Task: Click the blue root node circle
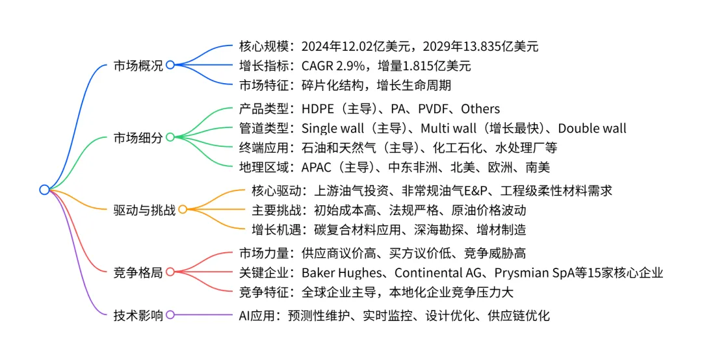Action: tap(44, 190)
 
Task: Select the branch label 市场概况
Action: tap(138, 65)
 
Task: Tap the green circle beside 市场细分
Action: tap(170, 137)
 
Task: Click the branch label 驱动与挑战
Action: tap(144, 209)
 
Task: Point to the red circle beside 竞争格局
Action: tap(170, 272)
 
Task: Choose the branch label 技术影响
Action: tap(138, 315)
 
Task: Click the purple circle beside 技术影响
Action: tap(170, 315)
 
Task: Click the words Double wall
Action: tap(592, 128)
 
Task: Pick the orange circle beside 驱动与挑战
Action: tap(183, 209)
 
